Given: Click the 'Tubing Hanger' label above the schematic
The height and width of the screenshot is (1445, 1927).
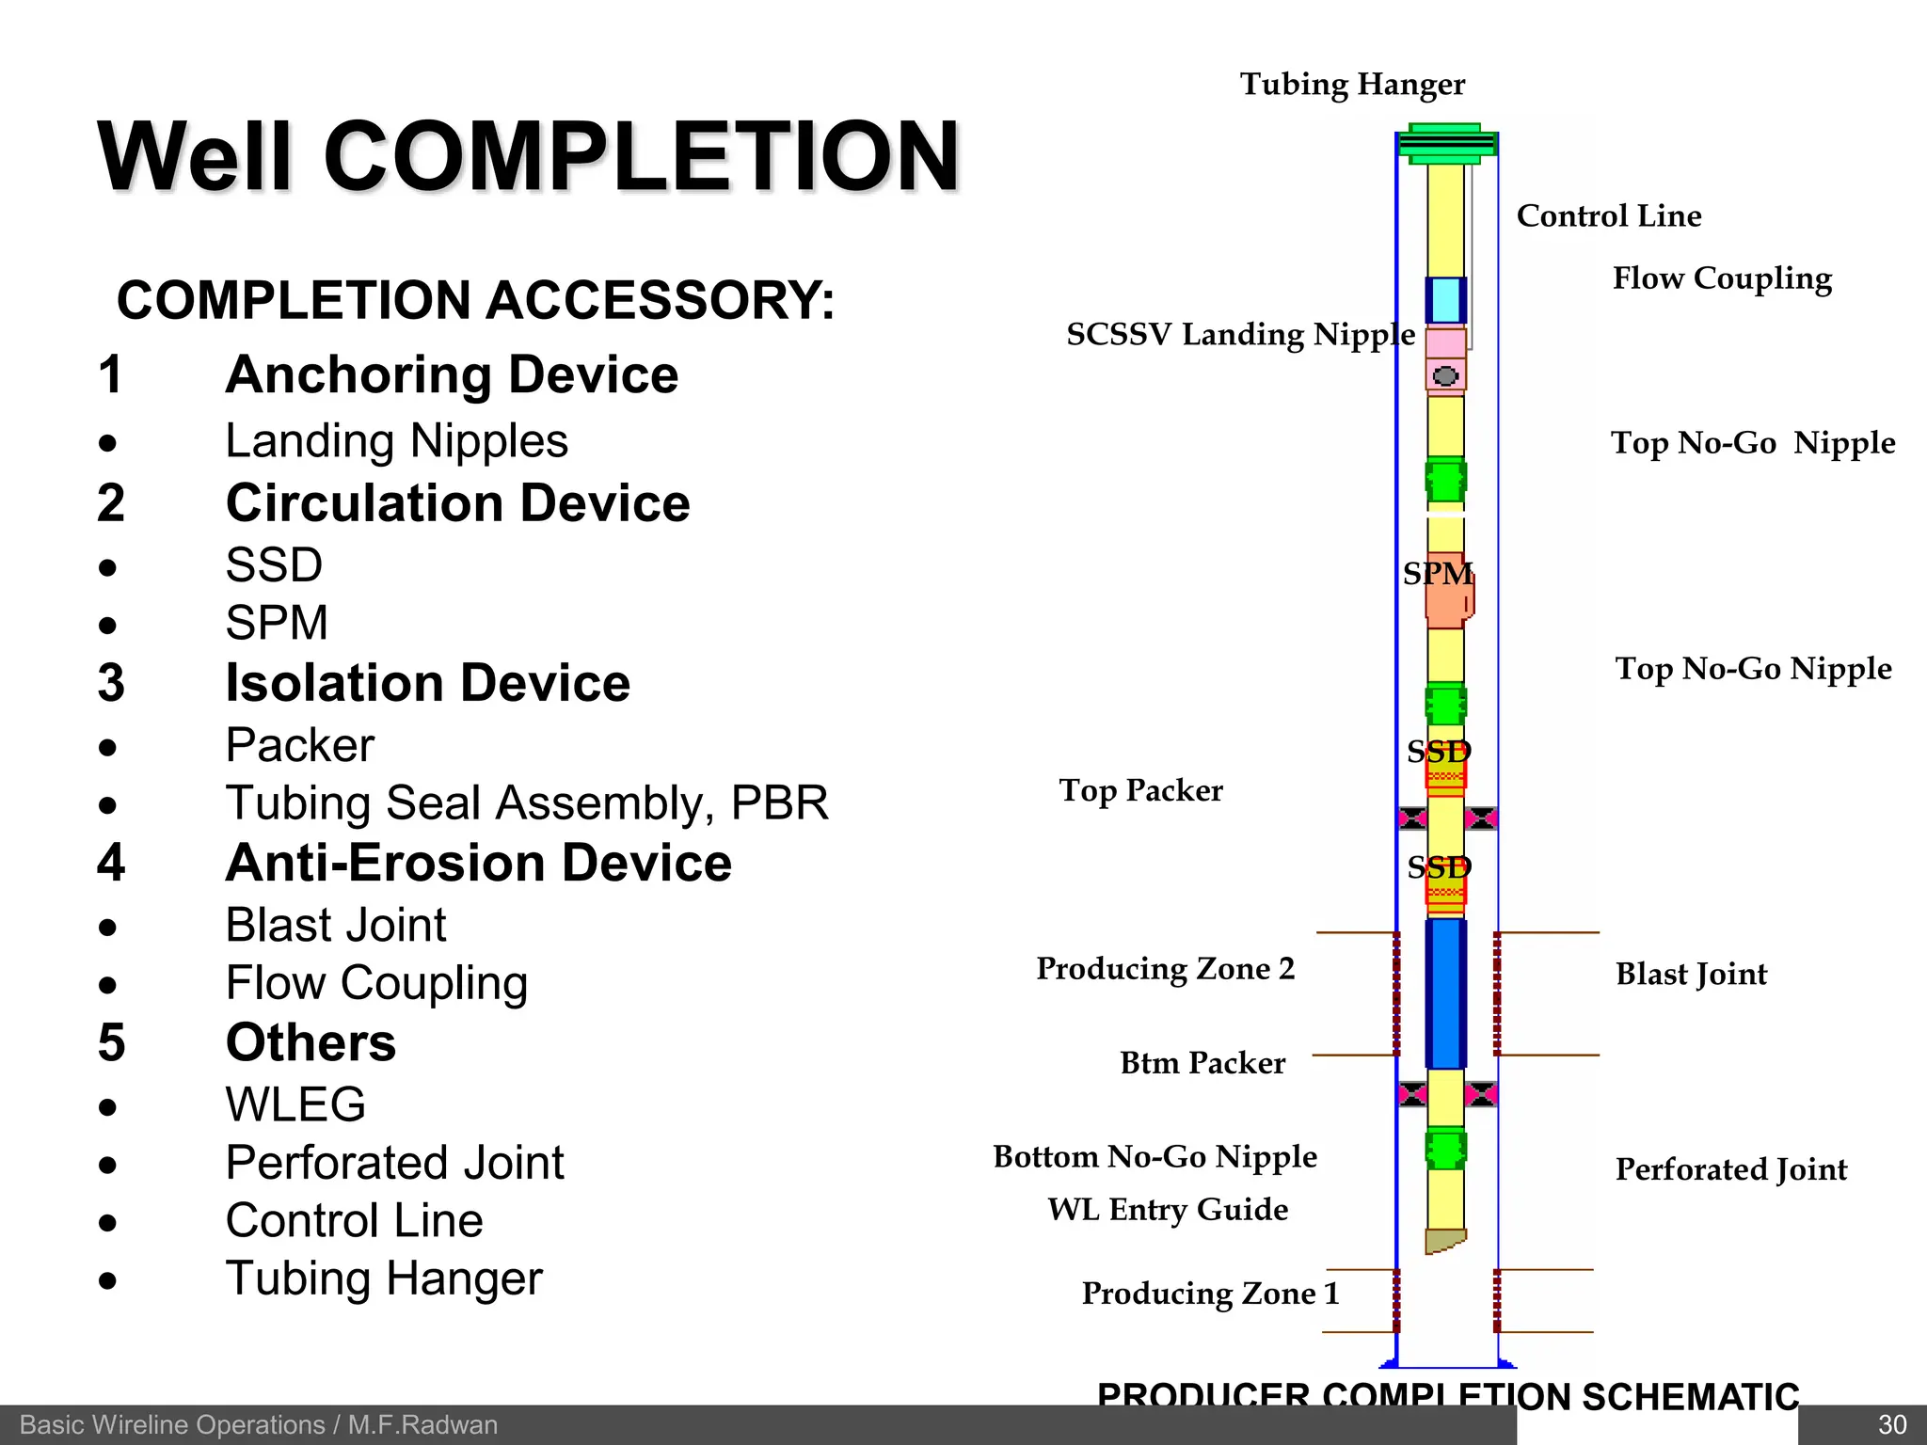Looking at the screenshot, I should (1352, 85).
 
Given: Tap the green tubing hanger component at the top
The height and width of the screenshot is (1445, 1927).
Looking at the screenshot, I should (1446, 144).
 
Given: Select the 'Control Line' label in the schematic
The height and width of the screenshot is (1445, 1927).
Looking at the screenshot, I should (1609, 216).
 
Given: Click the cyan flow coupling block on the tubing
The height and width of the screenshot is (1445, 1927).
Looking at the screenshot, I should (1445, 300).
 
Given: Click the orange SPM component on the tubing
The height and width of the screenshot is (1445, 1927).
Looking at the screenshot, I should (1446, 593).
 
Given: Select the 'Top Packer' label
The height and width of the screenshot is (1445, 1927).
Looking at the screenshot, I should (1140, 790).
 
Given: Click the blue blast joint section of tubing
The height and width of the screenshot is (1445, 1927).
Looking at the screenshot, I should (1445, 993).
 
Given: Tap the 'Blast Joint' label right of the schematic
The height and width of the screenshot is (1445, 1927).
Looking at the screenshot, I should (1691, 974).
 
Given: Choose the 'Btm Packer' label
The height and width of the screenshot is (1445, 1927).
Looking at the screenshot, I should (1202, 1063).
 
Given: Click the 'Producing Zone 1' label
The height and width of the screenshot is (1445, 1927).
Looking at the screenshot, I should (1210, 1294).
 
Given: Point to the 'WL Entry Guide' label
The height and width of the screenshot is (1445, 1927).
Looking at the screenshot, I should (1168, 1209).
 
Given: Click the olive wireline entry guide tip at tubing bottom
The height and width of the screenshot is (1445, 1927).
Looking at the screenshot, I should (1444, 1241).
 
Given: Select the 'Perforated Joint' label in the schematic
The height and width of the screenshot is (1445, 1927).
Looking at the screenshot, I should (1731, 1169).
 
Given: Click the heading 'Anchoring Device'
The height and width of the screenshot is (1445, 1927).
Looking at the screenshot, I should (452, 375).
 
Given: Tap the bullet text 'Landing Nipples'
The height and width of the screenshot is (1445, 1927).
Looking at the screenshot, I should (396, 441).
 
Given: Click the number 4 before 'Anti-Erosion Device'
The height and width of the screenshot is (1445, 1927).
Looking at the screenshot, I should (111, 863).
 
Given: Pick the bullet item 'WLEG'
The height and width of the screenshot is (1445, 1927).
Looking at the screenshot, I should (295, 1104).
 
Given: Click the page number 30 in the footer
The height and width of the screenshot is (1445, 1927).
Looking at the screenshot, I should (1891, 1425).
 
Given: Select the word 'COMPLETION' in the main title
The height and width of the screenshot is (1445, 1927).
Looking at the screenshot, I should (641, 157).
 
